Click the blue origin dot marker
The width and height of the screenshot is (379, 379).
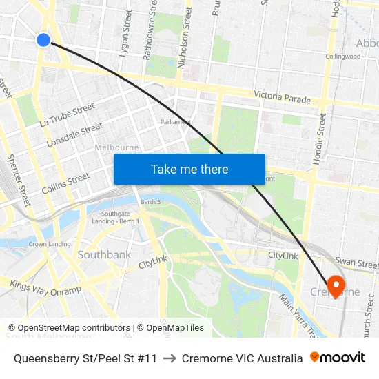pyautogui.click(x=43, y=40)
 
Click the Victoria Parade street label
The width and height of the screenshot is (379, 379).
pyautogui.click(x=282, y=98)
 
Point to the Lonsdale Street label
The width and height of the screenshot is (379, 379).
pyautogui.click(x=74, y=136)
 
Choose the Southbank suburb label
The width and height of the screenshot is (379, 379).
pyautogui.click(x=104, y=254)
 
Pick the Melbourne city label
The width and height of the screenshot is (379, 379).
pyautogui.click(x=116, y=147)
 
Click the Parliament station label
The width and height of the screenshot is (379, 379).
pyautogui.click(x=175, y=121)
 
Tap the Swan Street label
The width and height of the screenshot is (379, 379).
pyautogui.click(x=356, y=263)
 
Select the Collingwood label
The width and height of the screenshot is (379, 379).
pyautogui.click(x=342, y=57)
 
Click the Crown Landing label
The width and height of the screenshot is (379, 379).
pyautogui.click(x=49, y=243)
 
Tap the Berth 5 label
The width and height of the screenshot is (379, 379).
pyautogui.click(x=150, y=201)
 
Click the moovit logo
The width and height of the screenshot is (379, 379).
pyautogui.click(x=338, y=358)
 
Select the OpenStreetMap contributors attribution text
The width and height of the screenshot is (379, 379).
pyautogui.click(x=70, y=328)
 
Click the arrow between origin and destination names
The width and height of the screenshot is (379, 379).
pyautogui.click(x=170, y=358)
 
